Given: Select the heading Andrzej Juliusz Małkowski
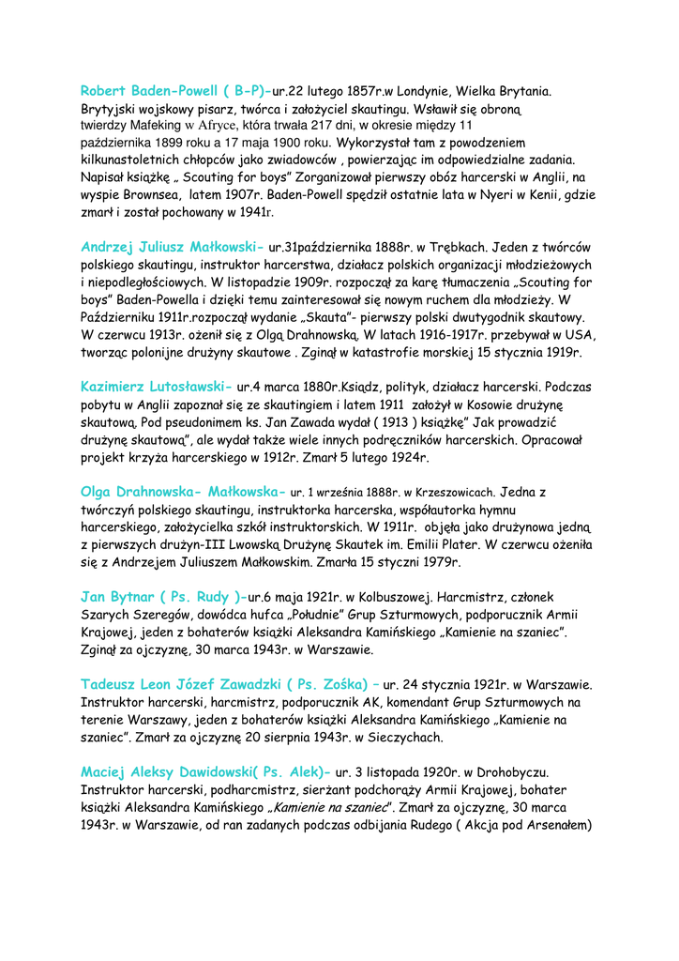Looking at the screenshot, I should (x=173, y=248).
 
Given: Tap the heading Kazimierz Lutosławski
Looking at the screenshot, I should (x=157, y=386).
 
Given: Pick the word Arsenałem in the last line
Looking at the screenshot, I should (x=552, y=825).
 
